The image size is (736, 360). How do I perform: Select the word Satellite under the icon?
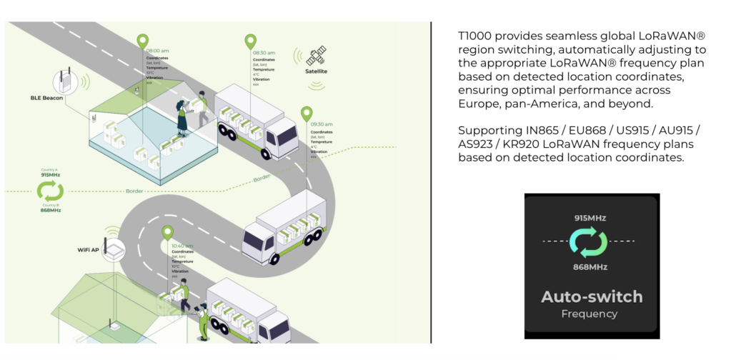point(316,71)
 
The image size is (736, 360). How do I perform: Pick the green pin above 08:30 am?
point(250,42)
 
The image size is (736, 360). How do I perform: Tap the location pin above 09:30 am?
point(307,114)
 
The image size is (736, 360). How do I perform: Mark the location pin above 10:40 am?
point(167,233)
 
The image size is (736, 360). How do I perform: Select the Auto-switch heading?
point(592,296)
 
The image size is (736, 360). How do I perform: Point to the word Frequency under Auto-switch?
point(590,314)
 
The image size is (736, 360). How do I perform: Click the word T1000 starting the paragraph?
point(474,36)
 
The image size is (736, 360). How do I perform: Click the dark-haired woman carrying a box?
point(182,114)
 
